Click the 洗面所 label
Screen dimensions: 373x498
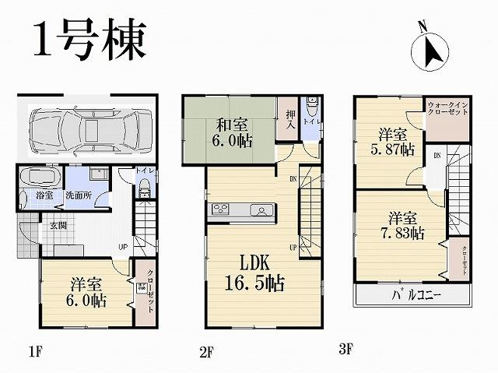79,194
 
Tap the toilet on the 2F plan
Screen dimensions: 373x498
311,105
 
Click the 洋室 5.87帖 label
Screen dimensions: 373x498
395,140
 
